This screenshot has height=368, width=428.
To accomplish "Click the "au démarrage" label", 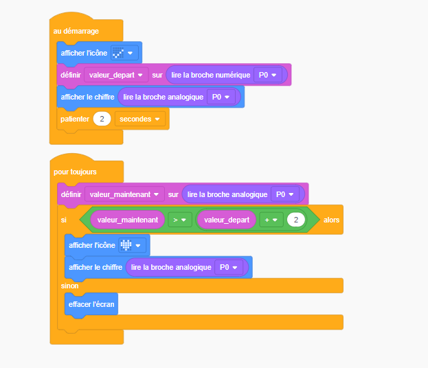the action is click(76, 31).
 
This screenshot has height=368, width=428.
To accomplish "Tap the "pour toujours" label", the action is click(75, 172).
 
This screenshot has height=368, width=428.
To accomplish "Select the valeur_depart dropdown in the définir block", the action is click(116, 75).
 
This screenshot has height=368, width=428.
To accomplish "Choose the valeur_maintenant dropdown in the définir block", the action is click(124, 194).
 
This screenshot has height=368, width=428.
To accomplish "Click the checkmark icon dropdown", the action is click(124, 53).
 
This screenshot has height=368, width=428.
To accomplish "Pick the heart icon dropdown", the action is click(133, 245).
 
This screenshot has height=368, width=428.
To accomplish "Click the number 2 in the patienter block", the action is click(102, 119).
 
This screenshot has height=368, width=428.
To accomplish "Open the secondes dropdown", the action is click(139, 119).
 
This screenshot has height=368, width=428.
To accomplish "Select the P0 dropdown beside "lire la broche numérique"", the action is click(268, 75).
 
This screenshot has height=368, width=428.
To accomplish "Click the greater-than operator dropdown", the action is click(180, 220).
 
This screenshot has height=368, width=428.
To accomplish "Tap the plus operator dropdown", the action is click(271, 220).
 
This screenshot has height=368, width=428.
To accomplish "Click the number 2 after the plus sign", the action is click(296, 220).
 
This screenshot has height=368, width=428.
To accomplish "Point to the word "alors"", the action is click(331, 220).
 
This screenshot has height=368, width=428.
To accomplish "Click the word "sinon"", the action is click(69, 286).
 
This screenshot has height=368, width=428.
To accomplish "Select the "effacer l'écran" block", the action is click(91, 304).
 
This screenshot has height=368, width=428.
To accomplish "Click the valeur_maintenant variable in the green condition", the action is click(128, 220).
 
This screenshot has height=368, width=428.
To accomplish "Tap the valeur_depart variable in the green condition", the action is click(227, 220).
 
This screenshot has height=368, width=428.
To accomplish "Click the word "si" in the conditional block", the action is click(64, 220).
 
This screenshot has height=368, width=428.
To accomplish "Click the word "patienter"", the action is click(75, 119).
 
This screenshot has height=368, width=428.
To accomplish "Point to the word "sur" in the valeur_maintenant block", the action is click(173, 194).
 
